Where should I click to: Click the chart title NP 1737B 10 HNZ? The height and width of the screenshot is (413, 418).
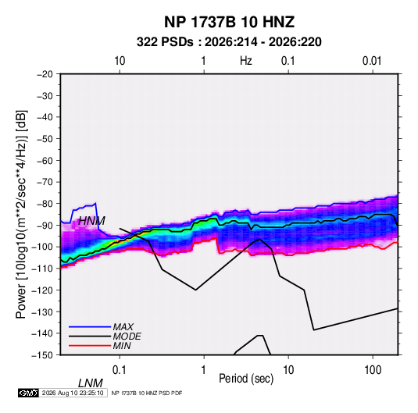229,22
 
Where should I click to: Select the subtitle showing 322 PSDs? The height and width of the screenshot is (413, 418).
229,42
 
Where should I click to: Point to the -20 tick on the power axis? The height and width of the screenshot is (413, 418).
45,74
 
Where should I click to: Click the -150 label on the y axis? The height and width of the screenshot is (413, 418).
42,355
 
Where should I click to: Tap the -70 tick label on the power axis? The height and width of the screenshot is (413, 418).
45,182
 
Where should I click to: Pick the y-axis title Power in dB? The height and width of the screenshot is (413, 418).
21,214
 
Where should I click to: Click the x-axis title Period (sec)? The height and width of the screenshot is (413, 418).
246,379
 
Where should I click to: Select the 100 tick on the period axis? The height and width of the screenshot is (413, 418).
373,370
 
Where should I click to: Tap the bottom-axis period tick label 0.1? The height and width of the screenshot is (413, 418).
120,370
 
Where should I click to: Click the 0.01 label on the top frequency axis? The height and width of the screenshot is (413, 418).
372,61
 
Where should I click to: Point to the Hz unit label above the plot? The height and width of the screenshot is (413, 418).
246,61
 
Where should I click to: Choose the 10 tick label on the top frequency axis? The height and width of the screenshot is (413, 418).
120,61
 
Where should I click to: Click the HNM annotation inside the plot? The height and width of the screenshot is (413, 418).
91,221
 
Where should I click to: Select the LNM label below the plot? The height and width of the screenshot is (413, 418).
90,383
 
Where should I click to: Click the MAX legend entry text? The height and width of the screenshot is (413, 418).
123,326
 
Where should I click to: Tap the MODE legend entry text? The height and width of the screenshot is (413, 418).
127,336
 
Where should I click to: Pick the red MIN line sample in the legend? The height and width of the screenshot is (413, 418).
90,346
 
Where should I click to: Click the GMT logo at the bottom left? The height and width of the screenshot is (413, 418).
29,393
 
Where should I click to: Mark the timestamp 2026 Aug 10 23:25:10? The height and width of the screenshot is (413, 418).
73,393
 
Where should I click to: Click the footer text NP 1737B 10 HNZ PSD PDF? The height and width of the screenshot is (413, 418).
147,393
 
